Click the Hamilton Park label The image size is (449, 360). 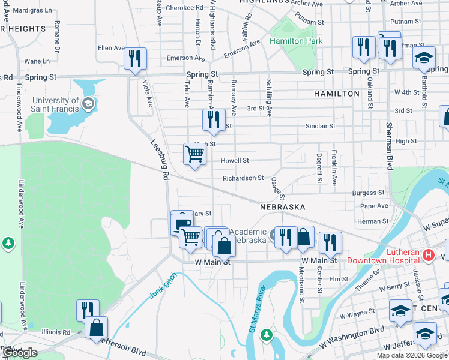click(296, 41)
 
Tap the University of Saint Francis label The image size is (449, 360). click(56, 105)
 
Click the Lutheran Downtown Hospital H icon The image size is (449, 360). click(428, 256)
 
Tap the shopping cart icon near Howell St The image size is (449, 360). click(194, 154)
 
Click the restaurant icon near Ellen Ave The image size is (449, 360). click(135, 58)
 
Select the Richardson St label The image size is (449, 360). click(243, 178)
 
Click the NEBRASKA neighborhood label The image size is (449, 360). click(283, 206)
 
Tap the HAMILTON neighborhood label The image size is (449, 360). click(336, 94)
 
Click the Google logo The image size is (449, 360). click(20, 353)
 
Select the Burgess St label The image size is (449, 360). click(368, 193)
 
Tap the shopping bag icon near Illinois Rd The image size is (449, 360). click(96, 328)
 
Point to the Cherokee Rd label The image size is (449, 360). click(184, 8)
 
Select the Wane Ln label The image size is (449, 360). click(37, 61)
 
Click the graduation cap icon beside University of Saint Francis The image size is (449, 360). click(88, 104)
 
